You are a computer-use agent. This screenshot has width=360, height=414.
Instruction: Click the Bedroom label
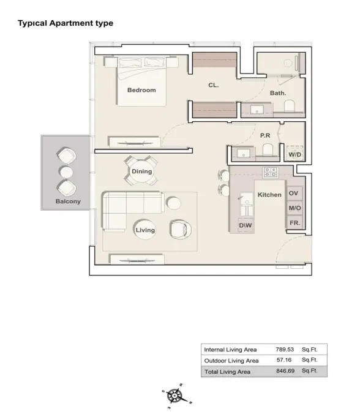[x=141, y=90]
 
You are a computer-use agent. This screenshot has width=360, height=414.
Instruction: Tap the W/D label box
[x=294, y=154]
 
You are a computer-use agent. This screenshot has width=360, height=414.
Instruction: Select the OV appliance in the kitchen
[x=293, y=194]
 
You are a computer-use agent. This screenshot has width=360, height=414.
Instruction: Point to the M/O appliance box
[x=294, y=208]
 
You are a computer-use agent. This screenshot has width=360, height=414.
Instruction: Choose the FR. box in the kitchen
[x=294, y=223]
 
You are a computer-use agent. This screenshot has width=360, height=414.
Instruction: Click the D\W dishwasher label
[x=245, y=225]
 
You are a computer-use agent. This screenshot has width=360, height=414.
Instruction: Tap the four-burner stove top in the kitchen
[x=271, y=172]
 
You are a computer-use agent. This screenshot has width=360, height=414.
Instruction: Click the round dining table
[x=141, y=171]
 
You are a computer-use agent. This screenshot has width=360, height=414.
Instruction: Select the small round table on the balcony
[x=66, y=172]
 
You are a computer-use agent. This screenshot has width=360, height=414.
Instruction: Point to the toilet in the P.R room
[x=268, y=149]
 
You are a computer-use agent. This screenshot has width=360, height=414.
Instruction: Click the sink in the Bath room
[x=257, y=109]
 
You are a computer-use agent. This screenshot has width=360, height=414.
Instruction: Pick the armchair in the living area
[x=181, y=229]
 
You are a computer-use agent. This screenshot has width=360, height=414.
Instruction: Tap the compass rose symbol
[x=174, y=396]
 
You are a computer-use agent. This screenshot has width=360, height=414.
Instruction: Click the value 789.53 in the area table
[x=285, y=349]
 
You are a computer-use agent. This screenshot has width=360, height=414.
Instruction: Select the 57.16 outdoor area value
[x=284, y=360]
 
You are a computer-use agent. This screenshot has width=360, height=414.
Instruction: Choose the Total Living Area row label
[x=227, y=372]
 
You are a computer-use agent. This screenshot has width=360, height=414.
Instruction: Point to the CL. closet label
[x=213, y=85]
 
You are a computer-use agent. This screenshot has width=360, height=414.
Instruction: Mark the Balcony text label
[x=68, y=201]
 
